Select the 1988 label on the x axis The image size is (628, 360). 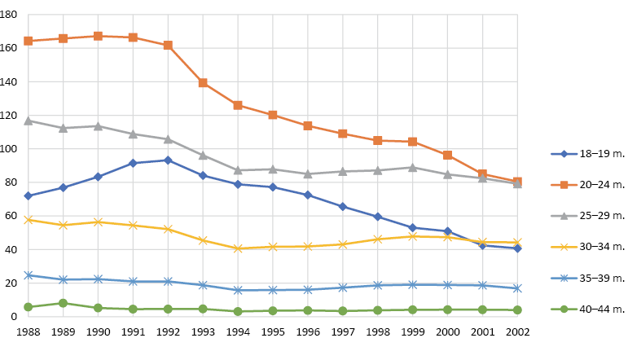(29, 332)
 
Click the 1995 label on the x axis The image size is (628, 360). (273, 332)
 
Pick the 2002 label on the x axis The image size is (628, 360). (517, 332)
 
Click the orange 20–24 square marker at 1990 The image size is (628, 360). (98, 36)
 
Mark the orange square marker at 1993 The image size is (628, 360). (203, 83)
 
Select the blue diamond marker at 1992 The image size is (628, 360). (168, 160)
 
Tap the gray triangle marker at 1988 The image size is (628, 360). (29, 121)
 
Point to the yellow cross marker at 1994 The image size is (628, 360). (238, 248)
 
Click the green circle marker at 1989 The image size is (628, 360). (64, 303)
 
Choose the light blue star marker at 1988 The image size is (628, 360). (29, 275)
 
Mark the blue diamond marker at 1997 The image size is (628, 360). (342, 207)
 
